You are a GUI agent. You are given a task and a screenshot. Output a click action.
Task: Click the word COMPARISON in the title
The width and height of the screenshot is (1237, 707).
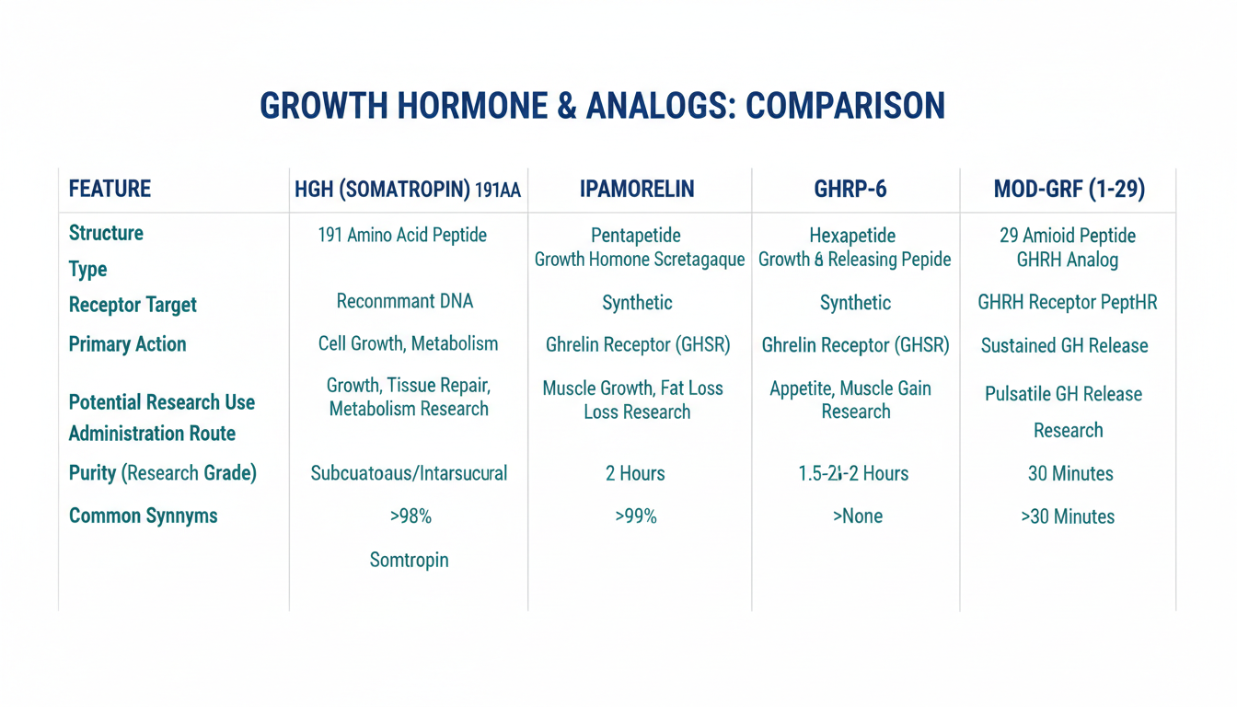pos(845,106)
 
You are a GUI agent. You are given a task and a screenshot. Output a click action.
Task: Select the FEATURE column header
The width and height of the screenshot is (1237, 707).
pos(110,189)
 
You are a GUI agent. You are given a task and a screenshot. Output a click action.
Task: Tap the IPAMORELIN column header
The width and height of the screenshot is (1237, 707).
pos(637,189)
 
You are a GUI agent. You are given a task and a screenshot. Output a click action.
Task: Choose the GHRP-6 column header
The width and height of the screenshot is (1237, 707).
pos(850,189)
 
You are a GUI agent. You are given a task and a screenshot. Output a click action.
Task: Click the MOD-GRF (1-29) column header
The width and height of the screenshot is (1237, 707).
pos(1069,189)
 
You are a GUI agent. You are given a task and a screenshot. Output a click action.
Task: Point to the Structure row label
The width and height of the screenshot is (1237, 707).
pos(106,233)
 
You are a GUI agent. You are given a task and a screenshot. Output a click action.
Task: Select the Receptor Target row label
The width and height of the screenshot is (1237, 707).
pos(133,305)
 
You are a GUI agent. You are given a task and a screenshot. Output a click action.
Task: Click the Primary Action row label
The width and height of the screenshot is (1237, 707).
pos(128,344)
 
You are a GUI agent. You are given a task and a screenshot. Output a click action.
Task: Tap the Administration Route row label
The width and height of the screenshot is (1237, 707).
pos(152,434)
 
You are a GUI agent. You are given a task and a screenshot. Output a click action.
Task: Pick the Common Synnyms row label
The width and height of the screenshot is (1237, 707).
pos(143,516)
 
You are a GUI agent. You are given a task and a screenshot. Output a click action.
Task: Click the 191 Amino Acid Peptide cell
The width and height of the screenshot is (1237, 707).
pos(402,235)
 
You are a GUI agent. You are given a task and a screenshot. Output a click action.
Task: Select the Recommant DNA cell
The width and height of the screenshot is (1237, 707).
pos(405,301)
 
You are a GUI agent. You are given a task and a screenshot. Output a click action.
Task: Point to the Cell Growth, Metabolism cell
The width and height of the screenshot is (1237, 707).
pos(408,343)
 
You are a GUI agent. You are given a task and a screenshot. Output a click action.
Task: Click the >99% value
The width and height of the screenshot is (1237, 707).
pos(636,516)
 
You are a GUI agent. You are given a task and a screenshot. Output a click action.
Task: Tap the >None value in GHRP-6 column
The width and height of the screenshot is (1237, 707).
pos(858,516)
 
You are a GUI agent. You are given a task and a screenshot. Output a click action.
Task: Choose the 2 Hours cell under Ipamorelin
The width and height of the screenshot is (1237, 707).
pos(635,473)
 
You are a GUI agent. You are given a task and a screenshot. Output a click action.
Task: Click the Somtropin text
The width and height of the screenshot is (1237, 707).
pos(410,560)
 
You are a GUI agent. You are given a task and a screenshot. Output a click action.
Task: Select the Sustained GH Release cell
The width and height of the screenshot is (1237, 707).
pos(1064,346)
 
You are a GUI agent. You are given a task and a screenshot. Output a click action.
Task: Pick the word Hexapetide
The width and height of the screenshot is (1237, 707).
pos(852,236)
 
